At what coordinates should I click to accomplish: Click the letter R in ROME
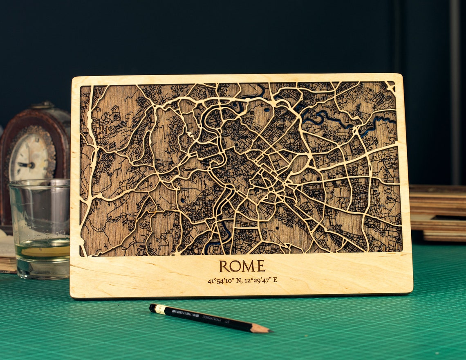(224, 266)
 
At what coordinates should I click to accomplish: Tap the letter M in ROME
(249, 266)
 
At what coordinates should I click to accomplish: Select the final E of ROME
(261, 266)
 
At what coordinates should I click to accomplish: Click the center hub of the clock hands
(31, 165)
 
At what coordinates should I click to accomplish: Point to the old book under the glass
(7, 254)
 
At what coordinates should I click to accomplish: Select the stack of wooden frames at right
(437, 213)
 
